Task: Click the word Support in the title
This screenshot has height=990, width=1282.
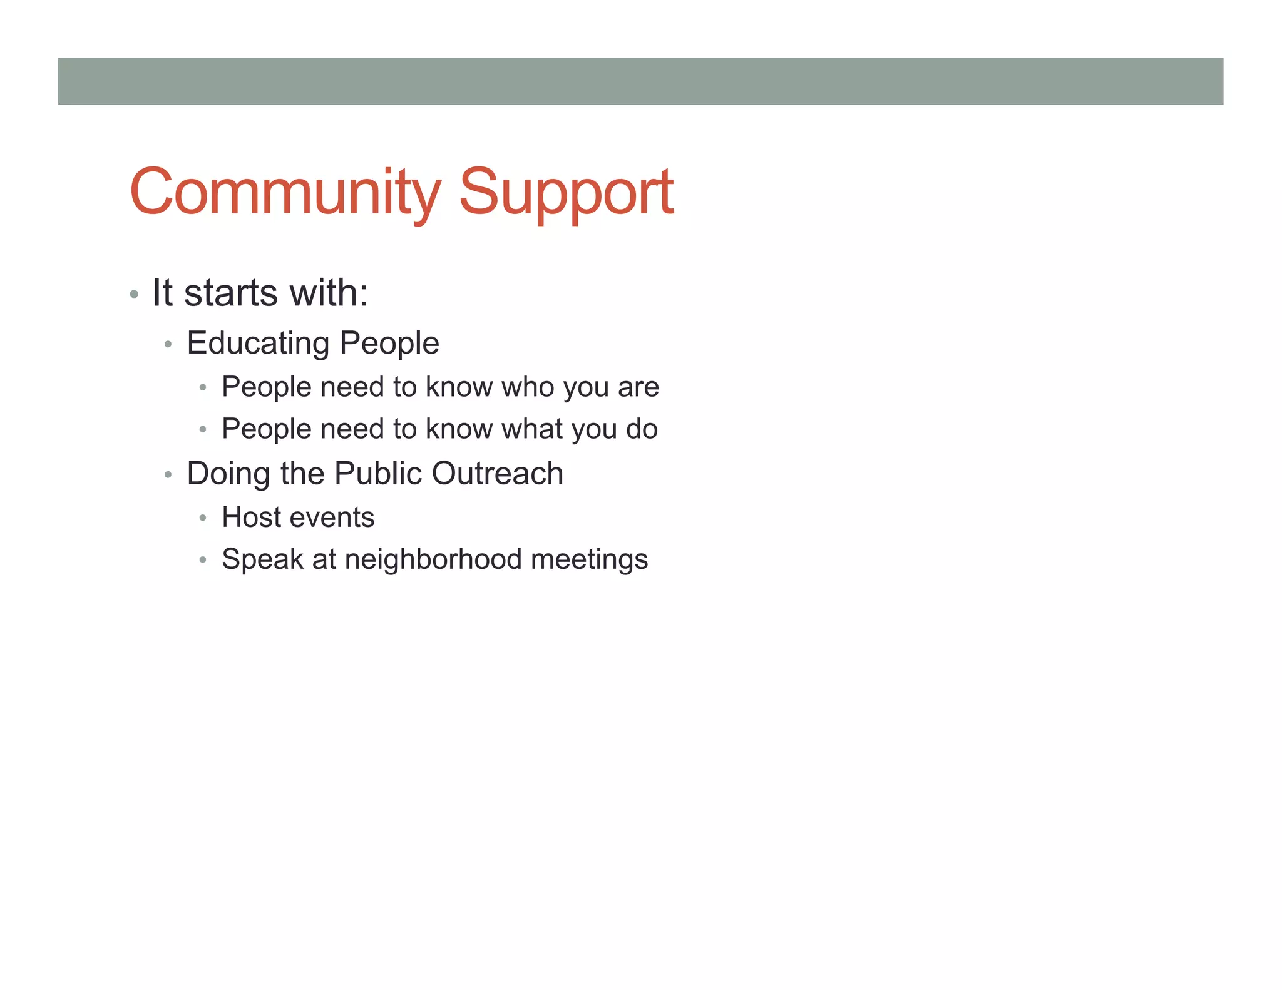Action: (x=566, y=193)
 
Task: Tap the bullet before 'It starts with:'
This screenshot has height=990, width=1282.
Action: (x=134, y=294)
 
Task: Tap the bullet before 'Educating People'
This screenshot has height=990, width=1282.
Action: (x=168, y=345)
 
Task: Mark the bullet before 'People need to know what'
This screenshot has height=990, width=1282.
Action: (x=202, y=430)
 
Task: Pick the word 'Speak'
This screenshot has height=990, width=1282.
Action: (x=262, y=559)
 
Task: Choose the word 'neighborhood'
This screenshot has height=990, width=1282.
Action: (x=433, y=559)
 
